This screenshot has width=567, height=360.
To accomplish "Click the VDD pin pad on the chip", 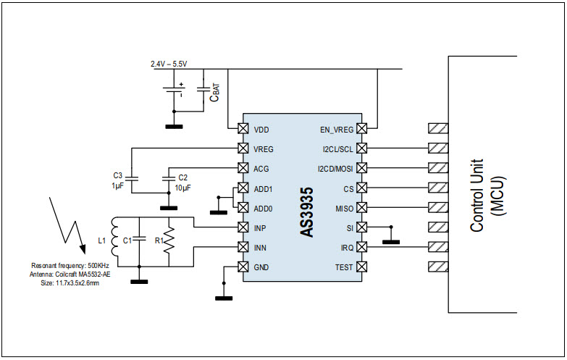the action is (243, 128).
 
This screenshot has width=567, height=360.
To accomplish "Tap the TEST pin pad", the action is (361, 267).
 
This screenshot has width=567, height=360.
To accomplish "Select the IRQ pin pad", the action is (361, 247).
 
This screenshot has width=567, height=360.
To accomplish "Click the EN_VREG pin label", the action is (336, 130).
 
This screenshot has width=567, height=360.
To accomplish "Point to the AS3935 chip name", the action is (306, 212).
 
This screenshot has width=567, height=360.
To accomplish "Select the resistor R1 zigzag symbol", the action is (169, 240).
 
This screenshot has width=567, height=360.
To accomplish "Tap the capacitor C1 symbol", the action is (139, 239).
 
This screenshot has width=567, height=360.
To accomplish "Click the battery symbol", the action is (174, 90).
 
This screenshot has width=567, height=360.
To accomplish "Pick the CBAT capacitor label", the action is (215, 93).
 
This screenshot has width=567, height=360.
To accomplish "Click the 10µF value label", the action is (183, 188).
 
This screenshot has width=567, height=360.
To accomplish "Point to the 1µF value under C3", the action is (118, 187).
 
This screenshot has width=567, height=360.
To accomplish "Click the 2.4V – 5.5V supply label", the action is (169, 64).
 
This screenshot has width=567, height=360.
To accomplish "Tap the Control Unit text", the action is (476, 196).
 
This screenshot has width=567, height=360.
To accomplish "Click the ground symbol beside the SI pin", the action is (391, 242).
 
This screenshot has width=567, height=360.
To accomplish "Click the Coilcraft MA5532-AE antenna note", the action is (70, 275).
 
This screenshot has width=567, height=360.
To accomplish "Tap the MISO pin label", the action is (344, 209).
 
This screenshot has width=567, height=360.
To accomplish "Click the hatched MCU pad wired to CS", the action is (438, 188).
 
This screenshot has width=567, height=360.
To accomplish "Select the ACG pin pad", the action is (243, 168).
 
